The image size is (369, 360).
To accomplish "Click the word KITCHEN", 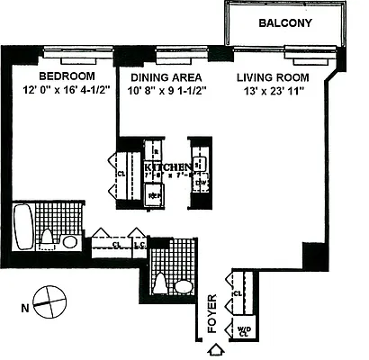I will tap(170, 167).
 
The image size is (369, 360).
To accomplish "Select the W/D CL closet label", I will tap(243, 332).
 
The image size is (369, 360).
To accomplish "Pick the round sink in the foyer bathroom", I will tap(183, 286).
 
